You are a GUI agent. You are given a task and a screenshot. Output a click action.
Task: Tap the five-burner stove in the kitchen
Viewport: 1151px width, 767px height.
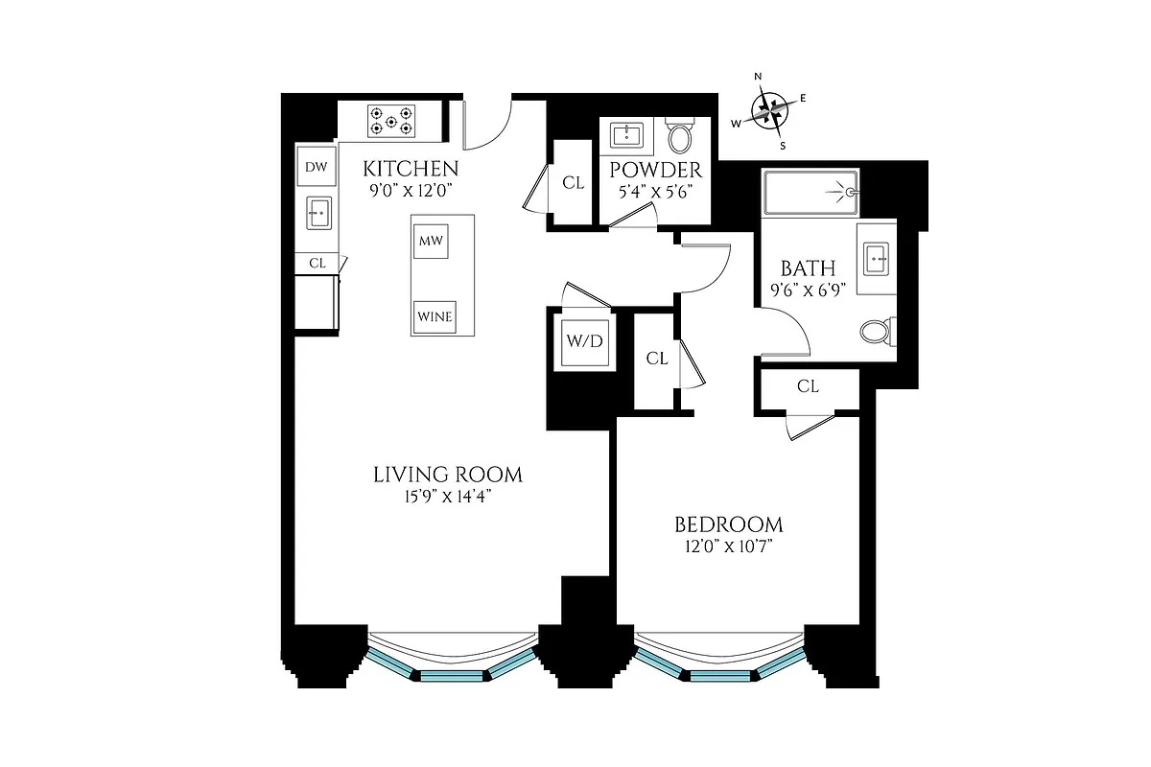pos(391,120)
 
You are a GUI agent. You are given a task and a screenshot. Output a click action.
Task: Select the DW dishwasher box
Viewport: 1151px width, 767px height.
pos(317,168)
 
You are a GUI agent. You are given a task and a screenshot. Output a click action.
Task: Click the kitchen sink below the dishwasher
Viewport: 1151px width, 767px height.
pos(318,212)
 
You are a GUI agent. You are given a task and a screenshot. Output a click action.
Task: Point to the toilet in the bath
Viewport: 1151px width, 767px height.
pos(877,332)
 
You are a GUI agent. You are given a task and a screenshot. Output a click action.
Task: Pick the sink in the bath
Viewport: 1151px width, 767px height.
pos(877,257)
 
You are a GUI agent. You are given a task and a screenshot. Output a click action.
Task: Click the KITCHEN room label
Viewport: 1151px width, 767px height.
pos(411,170)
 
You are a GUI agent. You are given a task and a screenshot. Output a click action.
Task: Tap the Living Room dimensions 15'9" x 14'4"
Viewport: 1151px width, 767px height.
pos(448,496)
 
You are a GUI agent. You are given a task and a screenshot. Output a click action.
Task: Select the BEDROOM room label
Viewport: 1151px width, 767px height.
pos(728,524)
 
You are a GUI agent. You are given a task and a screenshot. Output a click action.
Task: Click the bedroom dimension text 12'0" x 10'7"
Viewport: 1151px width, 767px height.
pos(728,546)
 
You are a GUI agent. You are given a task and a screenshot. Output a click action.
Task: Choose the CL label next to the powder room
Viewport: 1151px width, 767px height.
pos(574,183)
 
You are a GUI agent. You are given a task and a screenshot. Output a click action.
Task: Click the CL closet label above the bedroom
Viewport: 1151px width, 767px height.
pos(808,386)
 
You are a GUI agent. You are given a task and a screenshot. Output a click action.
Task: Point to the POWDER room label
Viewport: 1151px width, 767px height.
pos(656,171)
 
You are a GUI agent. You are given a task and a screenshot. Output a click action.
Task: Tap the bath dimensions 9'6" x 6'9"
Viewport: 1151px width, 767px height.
pos(808,291)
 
